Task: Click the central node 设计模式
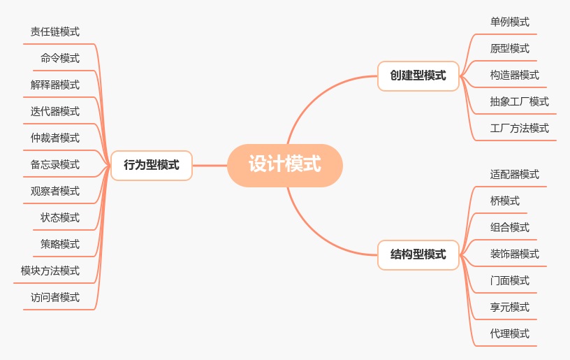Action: click(285, 165)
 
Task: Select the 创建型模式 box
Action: click(418, 75)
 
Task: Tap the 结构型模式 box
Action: click(418, 254)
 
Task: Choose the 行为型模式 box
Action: click(151, 166)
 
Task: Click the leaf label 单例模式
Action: click(510, 22)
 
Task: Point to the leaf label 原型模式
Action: click(510, 48)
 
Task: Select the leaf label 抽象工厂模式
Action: click(520, 101)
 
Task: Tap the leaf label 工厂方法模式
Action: click(520, 128)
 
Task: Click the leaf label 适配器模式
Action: click(515, 174)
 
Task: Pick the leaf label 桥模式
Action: click(505, 201)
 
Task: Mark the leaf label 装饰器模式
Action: click(515, 254)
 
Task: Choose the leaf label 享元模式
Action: click(510, 307)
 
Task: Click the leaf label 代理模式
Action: click(510, 333)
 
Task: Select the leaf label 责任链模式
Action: click(55, 31)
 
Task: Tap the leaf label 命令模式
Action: click(60, 58)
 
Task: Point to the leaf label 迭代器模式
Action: click(55, 111)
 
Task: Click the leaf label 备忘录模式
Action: click(55, 164)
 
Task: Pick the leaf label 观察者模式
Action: click(55, 191)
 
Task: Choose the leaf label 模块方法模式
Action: click(50, 271)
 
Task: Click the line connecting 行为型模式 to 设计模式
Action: click(210, 166)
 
